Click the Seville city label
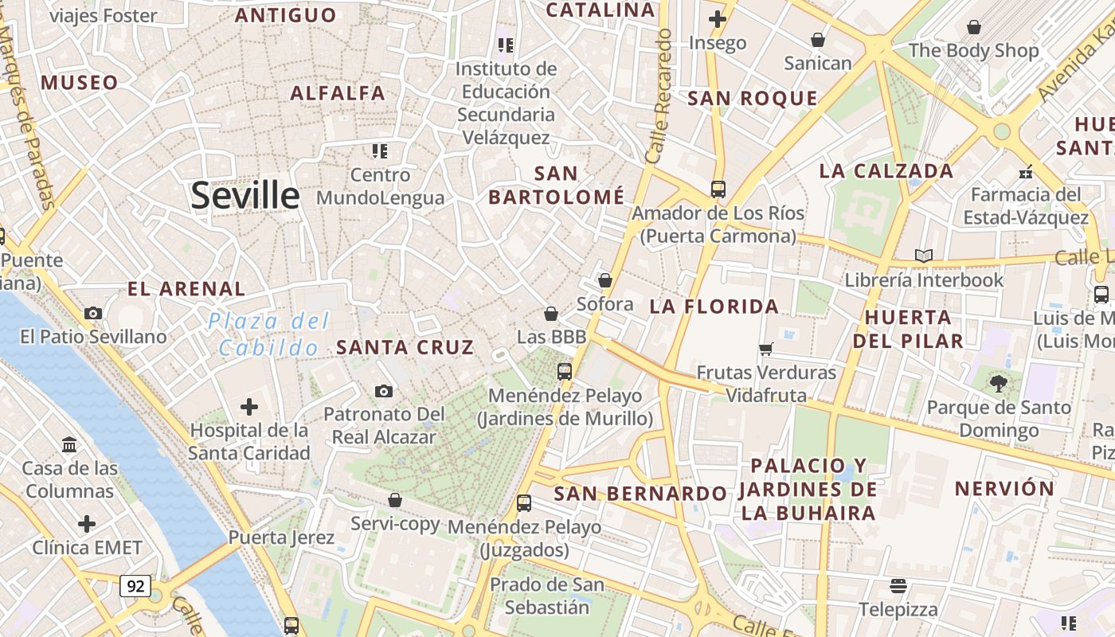click(x=245, y=196)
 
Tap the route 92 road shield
click(x=135, y=586)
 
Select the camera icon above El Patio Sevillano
click(x=93, y=313)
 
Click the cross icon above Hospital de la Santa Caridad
click(x=249, y=408)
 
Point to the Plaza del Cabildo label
click(x=269, y=334)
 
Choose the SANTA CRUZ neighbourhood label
click(x=405, y=347)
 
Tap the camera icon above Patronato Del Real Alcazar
click(x=384, y=391)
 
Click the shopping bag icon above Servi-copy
click(x=395, y=500)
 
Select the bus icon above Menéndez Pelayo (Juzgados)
click(x=523, y=503)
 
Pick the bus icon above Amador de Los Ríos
click(x=718, y=190)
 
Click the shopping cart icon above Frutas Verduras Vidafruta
click(x=766, y=349)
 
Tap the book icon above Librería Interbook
click(x=924, y=256)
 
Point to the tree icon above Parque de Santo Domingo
click(x=998, y=384)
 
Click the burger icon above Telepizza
click(x=898, y=586)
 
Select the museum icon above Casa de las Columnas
click(x=68, y=444)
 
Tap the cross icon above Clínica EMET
click(x=87, y=524)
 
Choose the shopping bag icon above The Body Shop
click(x=973, y=28)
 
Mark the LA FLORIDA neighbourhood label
click(x=714, y=307)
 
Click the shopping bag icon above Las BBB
click(x=551, y=314)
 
